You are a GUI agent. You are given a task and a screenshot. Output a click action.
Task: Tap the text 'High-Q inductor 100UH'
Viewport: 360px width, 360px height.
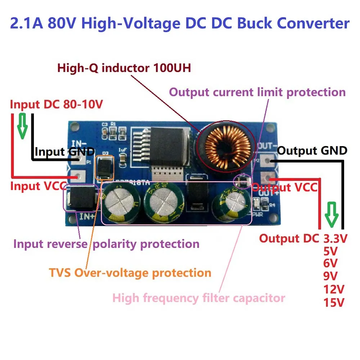click(x=124, y=68)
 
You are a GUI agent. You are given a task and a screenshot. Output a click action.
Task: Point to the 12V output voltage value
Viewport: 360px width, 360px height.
click(x=334, y=289)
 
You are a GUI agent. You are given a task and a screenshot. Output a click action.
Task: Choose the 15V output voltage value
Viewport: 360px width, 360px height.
click(x=334, y=302)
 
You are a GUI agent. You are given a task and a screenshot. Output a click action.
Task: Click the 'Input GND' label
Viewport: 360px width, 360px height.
click(x=65, y=152)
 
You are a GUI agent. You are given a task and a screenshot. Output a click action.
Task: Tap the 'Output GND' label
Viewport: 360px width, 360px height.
click(x=312, y=150)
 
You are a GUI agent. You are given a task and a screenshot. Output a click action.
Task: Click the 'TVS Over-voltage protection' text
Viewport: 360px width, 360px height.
click(x=143, y=273)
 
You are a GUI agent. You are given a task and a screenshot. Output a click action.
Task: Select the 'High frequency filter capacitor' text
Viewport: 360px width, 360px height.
click(x=199, y=298)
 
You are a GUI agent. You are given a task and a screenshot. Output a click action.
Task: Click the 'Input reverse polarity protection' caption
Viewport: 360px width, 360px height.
click(x=106, y=244)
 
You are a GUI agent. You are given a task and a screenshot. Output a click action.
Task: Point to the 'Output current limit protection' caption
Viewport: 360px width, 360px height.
click(x=257, y=92)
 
